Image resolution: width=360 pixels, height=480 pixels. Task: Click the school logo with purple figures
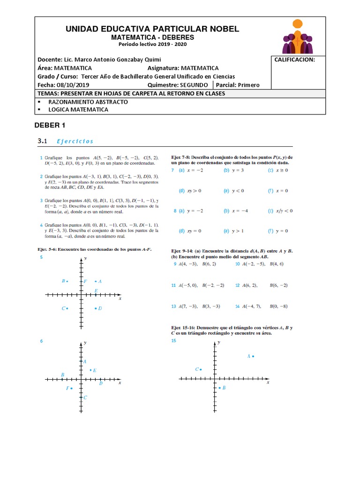click(x=297, y=37)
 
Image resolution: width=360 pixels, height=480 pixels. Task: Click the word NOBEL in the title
click(x=220, y=29)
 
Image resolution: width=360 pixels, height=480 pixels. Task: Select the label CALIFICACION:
click(x=294, y=60)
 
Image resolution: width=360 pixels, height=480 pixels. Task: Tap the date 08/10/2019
click(x=73, y=85)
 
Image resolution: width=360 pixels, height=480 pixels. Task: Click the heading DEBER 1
click(x=50, y=125)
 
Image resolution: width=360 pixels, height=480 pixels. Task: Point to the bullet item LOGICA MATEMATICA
click(x=78, y=109)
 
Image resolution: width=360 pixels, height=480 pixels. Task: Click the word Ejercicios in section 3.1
click(x=75, y=141)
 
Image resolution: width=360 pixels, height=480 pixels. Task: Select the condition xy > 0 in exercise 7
click(x=194, y=191)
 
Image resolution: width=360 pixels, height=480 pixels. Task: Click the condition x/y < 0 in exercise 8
click(x=285, y=211)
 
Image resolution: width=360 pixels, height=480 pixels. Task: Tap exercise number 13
click(x=173, y=306)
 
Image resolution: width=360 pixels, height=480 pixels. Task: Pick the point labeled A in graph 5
click(x=96, y=281)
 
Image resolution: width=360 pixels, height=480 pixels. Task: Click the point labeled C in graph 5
click(x=67, y=308)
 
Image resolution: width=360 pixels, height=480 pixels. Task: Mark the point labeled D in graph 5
click(x=96, y=308)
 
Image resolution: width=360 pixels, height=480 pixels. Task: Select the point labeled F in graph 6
click(x=72, y=388)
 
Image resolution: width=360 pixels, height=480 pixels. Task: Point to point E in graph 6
click(x=90, y=370)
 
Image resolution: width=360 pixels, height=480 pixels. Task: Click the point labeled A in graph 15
click(x=253, y=357)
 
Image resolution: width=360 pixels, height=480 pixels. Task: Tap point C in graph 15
click(x=201, y=369)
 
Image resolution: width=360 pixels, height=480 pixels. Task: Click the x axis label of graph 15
click(x=268, y=382)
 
